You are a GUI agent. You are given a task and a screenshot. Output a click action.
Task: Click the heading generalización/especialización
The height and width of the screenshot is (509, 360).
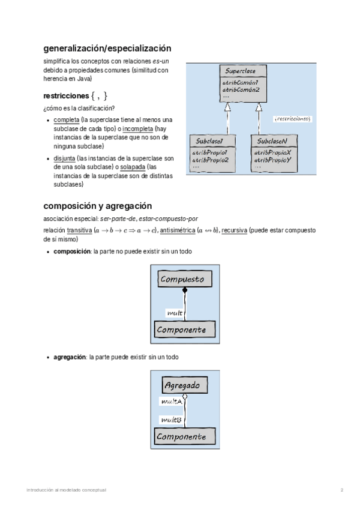click(107, 48)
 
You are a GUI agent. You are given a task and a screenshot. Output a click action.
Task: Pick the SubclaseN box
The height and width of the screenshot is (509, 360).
click(273, 153)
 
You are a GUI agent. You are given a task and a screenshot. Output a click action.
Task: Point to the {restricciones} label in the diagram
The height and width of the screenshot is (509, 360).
click(292, 119)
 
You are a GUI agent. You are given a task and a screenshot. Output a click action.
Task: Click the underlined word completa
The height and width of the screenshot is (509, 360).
click(66, 120)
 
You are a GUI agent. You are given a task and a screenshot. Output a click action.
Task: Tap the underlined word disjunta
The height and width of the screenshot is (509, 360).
click(65, 158)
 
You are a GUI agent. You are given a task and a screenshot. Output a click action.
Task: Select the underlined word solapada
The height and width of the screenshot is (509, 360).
click(131, 167)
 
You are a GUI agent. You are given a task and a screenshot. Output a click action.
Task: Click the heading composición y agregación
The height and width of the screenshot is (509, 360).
click(98, 206)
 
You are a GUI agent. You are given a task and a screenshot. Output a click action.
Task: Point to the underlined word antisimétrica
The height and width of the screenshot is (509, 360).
click(177, 230)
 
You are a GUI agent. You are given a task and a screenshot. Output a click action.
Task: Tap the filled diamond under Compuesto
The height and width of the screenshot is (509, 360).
click(185, 291)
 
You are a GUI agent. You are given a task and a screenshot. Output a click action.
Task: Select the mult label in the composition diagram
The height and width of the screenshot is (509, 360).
click(175, 313)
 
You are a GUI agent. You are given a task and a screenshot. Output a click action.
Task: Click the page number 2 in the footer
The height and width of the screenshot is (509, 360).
click(342, 490)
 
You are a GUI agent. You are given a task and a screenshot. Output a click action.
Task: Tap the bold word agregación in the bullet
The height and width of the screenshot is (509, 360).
click(70, 357)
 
